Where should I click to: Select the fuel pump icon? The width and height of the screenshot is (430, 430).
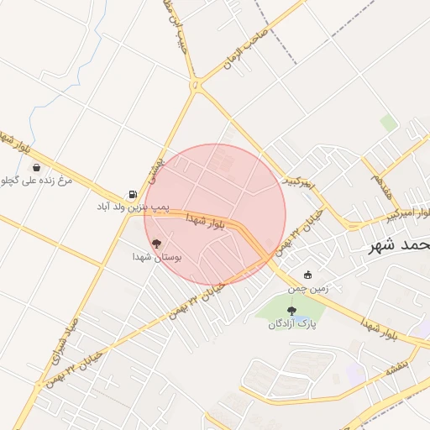(x=133, y=192)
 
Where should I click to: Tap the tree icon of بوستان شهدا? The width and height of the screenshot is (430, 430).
(x=156, y=244)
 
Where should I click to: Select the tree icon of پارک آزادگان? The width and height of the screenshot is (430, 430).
(x=291, y=311)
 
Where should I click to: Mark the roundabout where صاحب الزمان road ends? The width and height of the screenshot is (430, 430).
(x=197, y=85)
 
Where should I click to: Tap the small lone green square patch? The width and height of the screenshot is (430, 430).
(x=387, y=123)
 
